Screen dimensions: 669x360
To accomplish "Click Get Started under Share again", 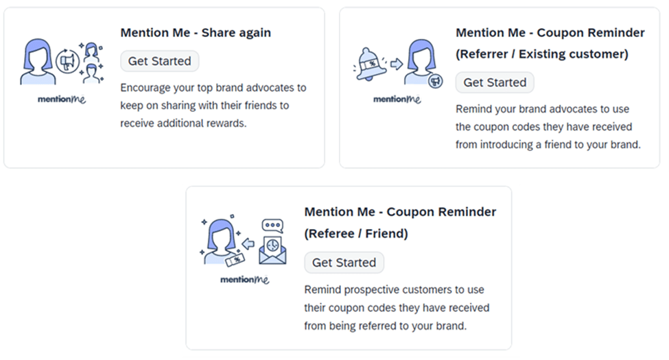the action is [x=160, y=61].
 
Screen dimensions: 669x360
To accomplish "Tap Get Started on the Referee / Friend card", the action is [x=344, y=263].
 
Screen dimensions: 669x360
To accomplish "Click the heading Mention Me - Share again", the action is [x=196, y=33].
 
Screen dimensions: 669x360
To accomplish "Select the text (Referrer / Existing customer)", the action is [x=542, y=54].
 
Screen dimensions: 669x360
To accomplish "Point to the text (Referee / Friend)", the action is [x=356, y=234].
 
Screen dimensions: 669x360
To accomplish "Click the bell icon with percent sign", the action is [x=370, y=65].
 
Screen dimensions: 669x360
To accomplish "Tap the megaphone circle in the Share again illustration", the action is [x=67, y=62].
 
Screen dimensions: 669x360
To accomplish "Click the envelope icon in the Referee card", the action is [x=272, y=251].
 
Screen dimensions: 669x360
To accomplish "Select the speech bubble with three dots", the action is [x=272, y=225].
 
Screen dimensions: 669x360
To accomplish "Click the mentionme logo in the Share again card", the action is [x=62, y=99].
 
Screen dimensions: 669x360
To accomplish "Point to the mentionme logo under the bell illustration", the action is [x=397, y=99].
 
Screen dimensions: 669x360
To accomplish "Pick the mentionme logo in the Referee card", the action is [x=244, y=280].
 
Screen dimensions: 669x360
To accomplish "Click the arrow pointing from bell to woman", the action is [x=397, y=64].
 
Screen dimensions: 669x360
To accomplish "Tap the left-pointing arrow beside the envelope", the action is [x=248, y=244].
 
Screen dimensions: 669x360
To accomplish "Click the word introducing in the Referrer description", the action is [x=506, y=145].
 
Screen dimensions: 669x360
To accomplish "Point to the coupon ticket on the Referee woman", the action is [x=235, y=260].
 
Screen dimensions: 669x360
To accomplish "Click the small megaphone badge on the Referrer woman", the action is [x=436, y=81].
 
